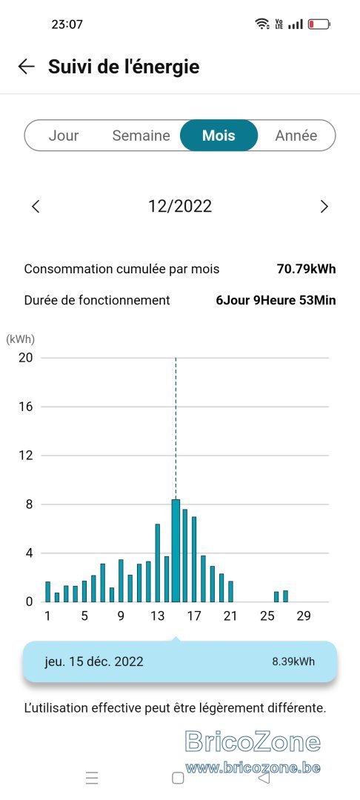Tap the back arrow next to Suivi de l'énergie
pyautogui.click(x=26, y=67)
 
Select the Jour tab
pyautogui.click(x=64, y=136)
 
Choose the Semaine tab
pyautogui.click(x=141, y=136)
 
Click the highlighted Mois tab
pyautogui.click(x=219, y=136)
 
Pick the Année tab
pyautogui.click(x=296, y=136)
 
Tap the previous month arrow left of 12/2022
pyautogui.click(x=35, y=206)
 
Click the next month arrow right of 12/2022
pyautogui.click(x=324, y=206)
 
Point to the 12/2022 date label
pyautogui.click(x=180, y=206)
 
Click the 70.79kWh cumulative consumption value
pyautogui.click(x=307, y=269)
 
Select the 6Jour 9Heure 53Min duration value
pyautogui.click(x=276, y=300)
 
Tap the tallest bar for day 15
pyautogui.click(x=176, y=550)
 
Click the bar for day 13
pyautogui.click(x=158, y=563)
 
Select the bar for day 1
pyautogui.click(x=48, y=592)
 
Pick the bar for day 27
pyautogui.click(x=285, y=596)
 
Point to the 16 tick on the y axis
pyautogui.click(x=25, y=407)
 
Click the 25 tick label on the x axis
pyautogui.click(x=267, y=616)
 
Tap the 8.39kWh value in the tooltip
pyautogui.click(x=294, y=661)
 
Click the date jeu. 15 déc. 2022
pyautogui.click(x=94, y=661)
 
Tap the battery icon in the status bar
pyautogui.click(x=319, y=24)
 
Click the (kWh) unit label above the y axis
pyautogui.click(x=21, y=339)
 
